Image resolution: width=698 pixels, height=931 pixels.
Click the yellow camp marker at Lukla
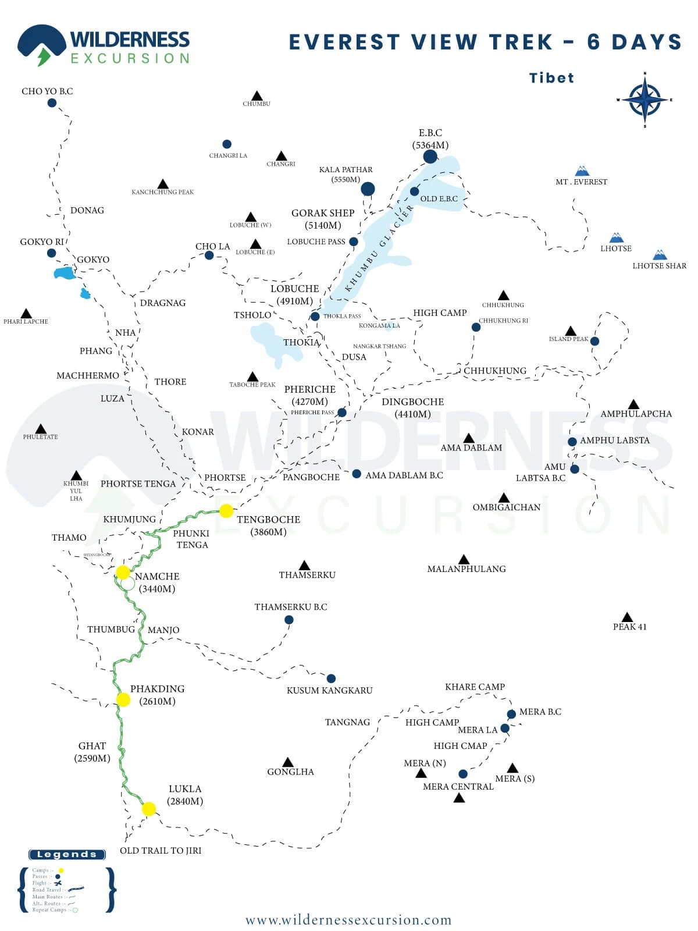pyautogui.click(x=149, y=809)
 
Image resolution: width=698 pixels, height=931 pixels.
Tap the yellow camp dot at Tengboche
pyautogui.click(x=226, y=511)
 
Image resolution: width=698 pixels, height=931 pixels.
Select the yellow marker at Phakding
pyautogui.click(x=123, y=699)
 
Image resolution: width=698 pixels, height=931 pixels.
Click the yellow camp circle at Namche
pyautogui.click(x=123, y=573)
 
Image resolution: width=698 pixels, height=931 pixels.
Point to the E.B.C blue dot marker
pyautogui.click(x=430, y=157)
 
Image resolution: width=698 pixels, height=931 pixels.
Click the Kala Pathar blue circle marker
pyautogui.click(x=368, y=189)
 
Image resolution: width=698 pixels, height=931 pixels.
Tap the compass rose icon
pyautogui.click(x=644, y=100)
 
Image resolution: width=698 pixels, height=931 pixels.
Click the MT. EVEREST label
pyautogui.click(x=581, y=182)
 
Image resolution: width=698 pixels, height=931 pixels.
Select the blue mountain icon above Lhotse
pyautogui.click(x=617, y=237)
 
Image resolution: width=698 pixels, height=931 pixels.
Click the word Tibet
pyautogui.click(x=551, y=78)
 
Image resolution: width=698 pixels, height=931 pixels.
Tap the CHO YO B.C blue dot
pyautogui.click(x=52, y=103)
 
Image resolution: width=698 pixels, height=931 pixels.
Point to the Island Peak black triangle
pyautogui.click(x=571, y=331)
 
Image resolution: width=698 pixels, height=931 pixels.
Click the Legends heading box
pyautogui.click(x=67, y=854)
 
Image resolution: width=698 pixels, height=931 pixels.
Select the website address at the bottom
pyautogui.click(x=348, y=920)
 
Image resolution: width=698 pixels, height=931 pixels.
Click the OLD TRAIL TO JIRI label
pyautogui.click(x=161, y=851)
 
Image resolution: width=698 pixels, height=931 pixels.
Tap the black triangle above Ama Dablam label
pyautogui.click(x=469, y=438)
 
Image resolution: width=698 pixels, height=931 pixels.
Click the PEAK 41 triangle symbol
pyautogui.click(x=627, y=617)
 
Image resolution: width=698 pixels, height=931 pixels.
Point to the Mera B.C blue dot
pyautogui.click(x=511, y=714)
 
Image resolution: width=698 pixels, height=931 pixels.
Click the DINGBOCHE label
pyautogui.click(x=412, y=402)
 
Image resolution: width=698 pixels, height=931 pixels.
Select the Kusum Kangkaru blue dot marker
pyautogui.click(x=331, y=678)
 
